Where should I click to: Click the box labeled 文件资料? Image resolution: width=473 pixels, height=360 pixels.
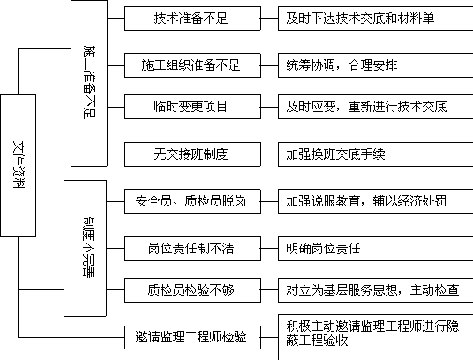(x=19, y=166)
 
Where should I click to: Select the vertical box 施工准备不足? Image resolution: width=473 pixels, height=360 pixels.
(x=89, y=83)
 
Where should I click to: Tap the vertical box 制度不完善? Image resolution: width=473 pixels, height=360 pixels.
(x=85, y=248)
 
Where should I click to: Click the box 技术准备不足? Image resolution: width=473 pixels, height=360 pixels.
(x=192, y=19)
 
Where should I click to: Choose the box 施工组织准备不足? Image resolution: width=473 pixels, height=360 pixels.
(x=192, y=65)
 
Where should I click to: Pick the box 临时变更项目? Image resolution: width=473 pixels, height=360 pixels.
(x=192, y=107)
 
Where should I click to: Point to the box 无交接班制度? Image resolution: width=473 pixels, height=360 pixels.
(x=192, y=154)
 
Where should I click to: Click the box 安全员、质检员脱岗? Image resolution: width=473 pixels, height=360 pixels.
(x=192, y=201)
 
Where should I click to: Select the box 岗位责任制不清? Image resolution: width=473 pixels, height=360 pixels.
(x=192, y=249)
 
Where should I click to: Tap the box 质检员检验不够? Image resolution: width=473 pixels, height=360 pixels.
(x=192, y=290)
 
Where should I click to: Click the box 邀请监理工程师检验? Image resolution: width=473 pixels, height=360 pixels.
(x=192, y=337)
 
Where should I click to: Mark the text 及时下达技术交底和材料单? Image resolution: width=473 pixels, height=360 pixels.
(x=360, y=19)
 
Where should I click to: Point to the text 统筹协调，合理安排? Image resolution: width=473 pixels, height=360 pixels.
(x=342, y=65)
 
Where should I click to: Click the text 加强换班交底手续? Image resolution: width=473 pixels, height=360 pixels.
(x=335, y=154)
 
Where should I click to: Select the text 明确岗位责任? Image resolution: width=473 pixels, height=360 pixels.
(x=323, y=249)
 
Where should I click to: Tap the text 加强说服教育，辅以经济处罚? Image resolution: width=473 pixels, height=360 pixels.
(x=366, y=201)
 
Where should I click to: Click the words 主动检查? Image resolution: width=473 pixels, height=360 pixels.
(x=434, y=290)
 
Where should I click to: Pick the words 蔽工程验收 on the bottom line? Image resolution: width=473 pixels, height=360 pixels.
(x=317, y=341)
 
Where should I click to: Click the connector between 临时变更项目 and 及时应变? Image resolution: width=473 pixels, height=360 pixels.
(x=269, y=107)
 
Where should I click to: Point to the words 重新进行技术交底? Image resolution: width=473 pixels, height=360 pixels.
(x=397, y=107)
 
